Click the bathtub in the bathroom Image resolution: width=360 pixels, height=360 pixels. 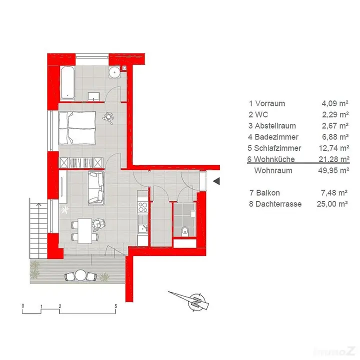67,83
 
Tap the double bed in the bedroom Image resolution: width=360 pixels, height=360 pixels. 77,128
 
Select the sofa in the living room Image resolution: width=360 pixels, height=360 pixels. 96,188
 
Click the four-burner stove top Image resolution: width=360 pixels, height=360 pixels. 142,207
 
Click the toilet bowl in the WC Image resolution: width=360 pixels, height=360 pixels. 184,230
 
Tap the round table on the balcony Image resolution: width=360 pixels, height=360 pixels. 80,275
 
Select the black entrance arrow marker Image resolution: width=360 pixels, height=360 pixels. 216,181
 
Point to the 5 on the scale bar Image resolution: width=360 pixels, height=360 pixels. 116,306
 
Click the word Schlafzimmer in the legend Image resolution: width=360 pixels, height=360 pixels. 277,148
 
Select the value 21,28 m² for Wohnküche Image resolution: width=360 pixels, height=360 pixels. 334,159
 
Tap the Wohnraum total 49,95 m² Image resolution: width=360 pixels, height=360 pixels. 333,170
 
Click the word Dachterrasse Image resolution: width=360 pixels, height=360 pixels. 278,204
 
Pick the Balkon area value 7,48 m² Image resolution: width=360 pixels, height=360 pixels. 334,193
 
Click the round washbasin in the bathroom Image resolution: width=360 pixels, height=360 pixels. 114,72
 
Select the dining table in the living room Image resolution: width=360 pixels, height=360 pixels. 85,230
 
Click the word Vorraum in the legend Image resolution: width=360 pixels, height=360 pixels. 270,103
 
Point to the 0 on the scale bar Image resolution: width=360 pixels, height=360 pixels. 22,306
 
